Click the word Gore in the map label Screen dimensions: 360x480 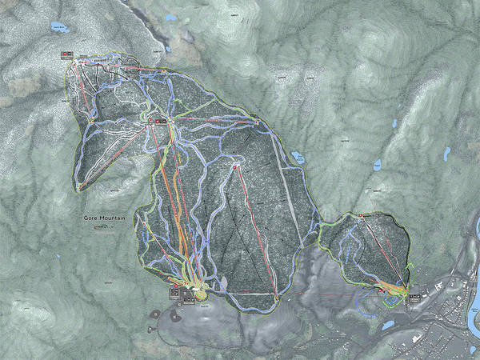tap(90, 218)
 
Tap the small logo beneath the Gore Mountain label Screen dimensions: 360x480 tap(101, 227)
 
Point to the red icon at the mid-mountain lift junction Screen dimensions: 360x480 tap(160, 121)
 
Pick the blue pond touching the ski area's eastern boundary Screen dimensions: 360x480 tap(298, 156)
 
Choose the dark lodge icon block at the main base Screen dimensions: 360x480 tap(174, 294)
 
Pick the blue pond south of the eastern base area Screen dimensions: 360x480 tap(390, 325)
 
